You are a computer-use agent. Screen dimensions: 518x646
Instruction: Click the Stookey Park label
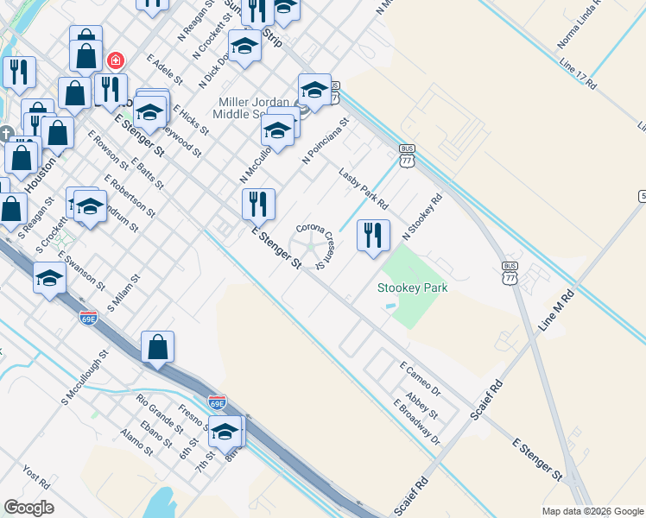413,287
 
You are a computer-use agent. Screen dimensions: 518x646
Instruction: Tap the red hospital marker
115,60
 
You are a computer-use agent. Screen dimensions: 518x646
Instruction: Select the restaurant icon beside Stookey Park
373,235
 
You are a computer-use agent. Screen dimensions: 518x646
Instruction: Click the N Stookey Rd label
422,217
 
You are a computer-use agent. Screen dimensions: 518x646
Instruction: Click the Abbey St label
422,402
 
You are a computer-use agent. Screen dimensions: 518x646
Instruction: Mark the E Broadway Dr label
416,422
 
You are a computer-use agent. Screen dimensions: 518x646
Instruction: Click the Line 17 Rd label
578,74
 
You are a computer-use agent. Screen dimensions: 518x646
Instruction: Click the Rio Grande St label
160,413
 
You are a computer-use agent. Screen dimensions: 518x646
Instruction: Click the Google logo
28,508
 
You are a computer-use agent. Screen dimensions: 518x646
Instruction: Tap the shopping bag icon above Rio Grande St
158,348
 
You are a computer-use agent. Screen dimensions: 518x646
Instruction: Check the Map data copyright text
592,511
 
